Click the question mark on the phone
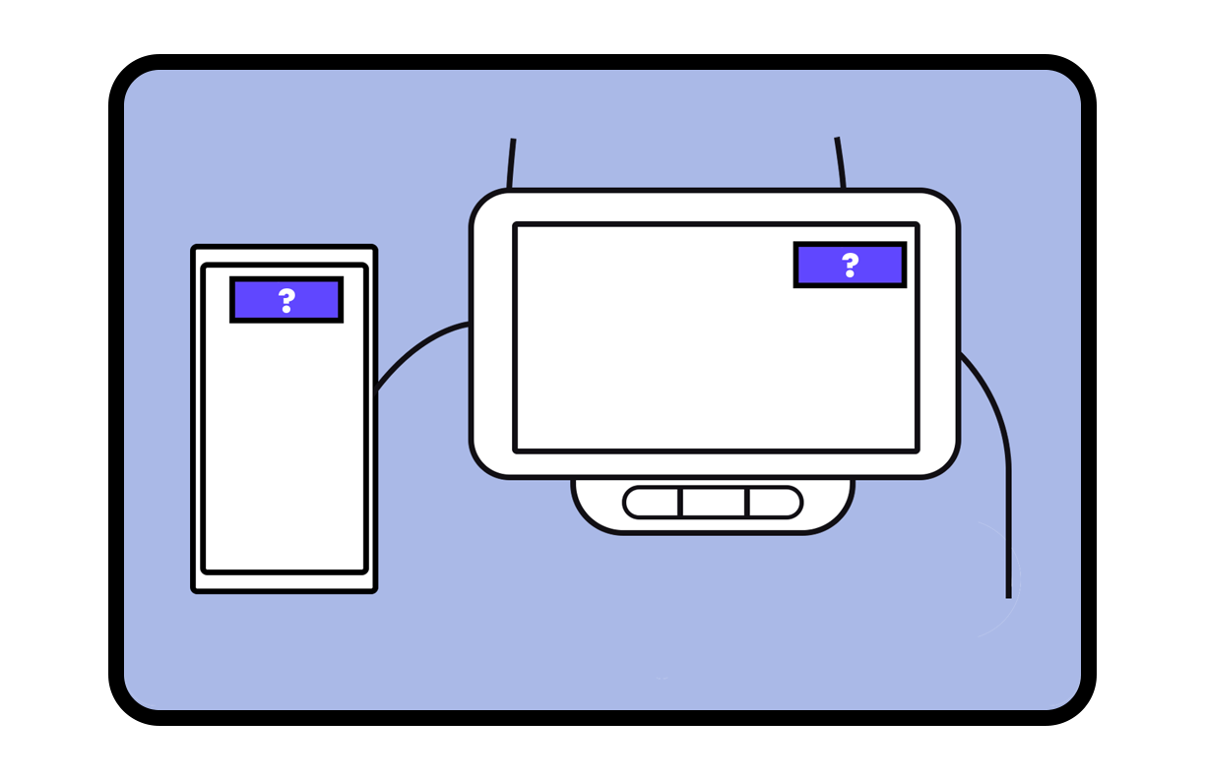point(286,300)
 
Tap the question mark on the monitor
point(850,265)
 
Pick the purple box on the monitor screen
point(822,265)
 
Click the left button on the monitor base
point(652,502)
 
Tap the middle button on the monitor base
point(714,502)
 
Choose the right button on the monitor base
point(775,502)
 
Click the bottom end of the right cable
point(1008,594)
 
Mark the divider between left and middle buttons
point(680,502)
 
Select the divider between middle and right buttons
point(748,502)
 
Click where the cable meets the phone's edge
point(378,388)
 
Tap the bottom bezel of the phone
point(285,582)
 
